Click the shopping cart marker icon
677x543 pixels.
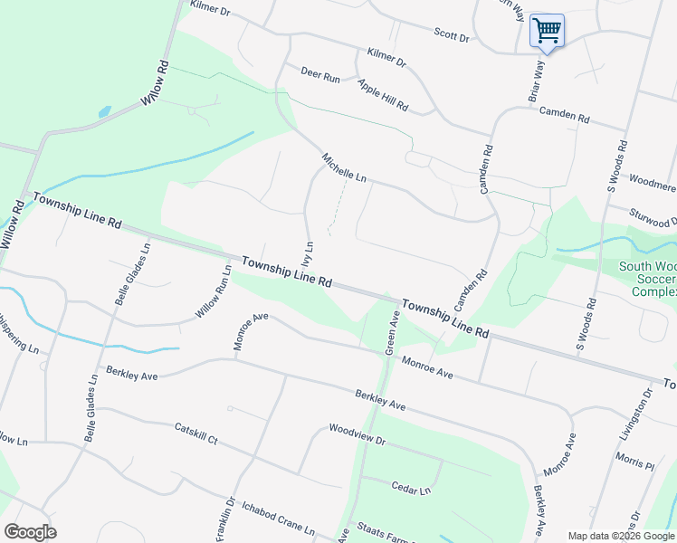pos(547,31)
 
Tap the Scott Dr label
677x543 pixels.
pos(452,37)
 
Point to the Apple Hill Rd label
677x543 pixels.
pos(383,95)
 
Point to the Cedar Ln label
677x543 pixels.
pos(411,489)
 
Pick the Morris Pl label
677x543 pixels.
pos(634,462)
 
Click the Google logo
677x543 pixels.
pos(30,532)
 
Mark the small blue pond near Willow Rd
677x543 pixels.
pos(104,112)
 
